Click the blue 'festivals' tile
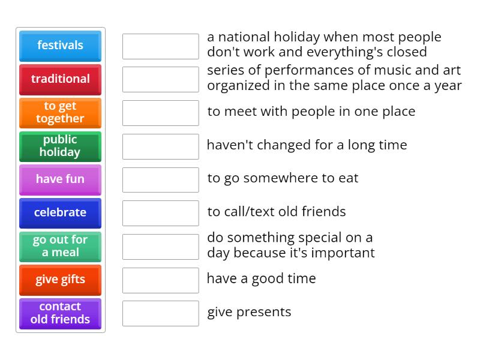pos(60,46)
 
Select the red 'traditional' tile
pos(60,79)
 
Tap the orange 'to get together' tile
pos(60,113)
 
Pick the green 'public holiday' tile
pos(60,146)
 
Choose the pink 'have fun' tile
pos(60,179)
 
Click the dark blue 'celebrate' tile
pos(60,213)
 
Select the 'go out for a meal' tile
pos(60,247)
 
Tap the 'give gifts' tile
pos(60,280)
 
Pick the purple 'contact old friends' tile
pos(60,313)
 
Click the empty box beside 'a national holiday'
pos(160,46)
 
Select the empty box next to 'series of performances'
pos(160,79)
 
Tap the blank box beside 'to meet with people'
pos(160,113)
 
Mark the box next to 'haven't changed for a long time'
pos(160,146)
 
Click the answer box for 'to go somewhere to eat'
pos(160,179)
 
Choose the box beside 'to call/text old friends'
pos(160,213)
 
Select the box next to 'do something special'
pos(160,247)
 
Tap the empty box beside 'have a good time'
pos(160,280)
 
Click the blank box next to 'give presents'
pos(160,313)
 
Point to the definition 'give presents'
pos(249,312)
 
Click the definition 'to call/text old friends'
pos(277,212)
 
